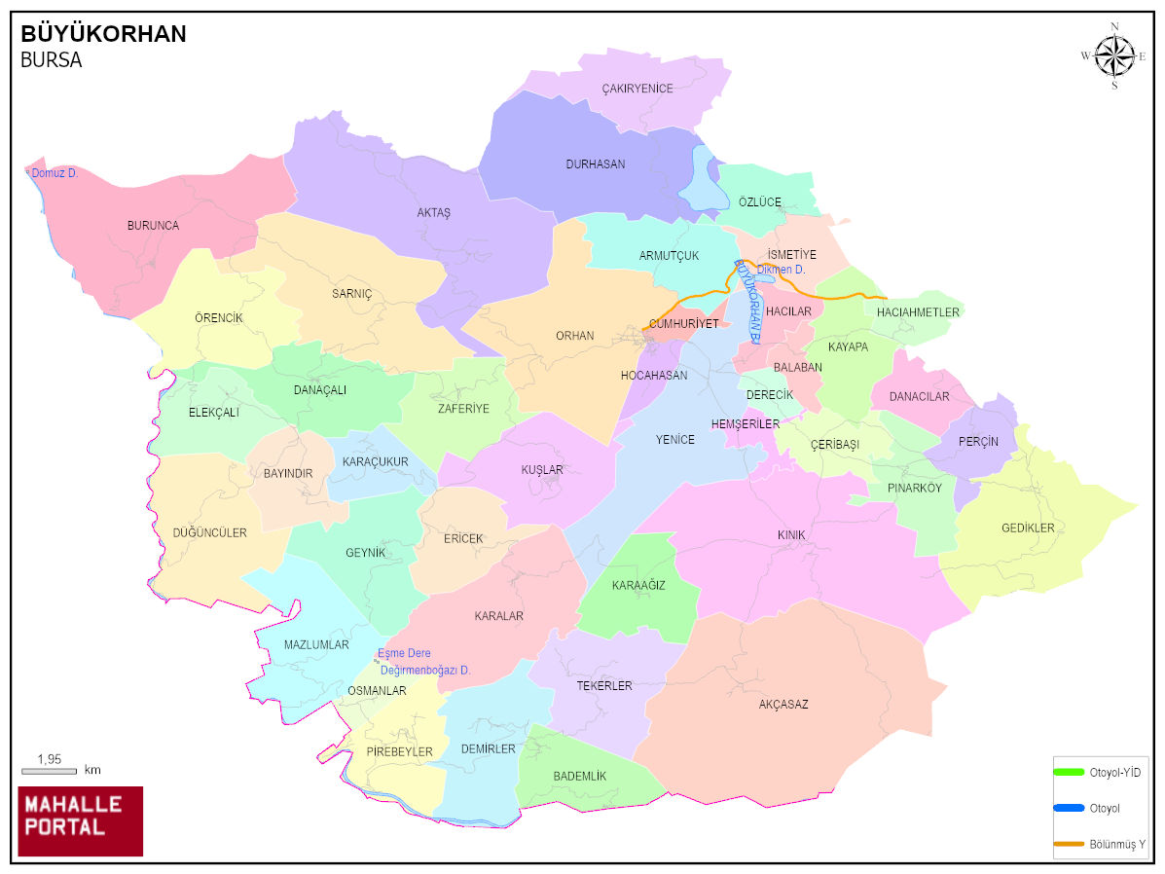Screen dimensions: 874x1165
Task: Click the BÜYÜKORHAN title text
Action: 103,35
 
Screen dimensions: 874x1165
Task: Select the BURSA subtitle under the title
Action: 51,60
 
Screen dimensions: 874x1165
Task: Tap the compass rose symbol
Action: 1114,55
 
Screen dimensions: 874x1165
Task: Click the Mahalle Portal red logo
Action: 81,820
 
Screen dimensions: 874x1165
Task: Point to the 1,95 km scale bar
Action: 49,770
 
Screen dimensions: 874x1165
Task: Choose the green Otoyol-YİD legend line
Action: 1069,772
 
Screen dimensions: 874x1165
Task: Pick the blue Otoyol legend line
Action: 1069,808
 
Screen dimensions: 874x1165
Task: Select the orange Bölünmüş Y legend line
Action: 1069,843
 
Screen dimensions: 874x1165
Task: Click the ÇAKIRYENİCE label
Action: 637,89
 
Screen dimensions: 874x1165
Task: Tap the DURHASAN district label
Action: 596,164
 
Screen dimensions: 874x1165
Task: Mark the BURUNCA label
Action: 153,226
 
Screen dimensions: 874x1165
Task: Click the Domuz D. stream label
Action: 55,173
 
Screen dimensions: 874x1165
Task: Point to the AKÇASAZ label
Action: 783,705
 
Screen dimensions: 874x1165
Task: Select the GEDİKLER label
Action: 1028,528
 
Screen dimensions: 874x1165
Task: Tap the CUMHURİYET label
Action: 683,323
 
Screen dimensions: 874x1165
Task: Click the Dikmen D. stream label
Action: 781,270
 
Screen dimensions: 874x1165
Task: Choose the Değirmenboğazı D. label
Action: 425,671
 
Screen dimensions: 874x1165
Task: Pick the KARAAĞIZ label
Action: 638,585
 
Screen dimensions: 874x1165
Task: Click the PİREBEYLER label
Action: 399,752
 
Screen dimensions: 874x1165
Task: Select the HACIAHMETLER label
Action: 918,312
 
